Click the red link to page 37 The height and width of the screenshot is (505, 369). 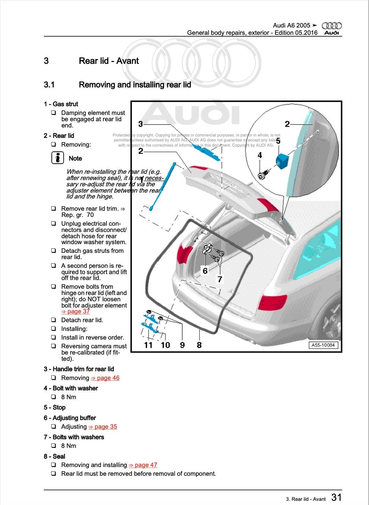point(76,312)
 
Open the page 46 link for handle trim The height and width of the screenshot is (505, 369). point(105,378)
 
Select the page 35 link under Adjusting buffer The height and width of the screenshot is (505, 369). point(103,427)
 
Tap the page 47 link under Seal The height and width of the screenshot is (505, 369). point(143,465)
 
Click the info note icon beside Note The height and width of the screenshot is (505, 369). point(57,158)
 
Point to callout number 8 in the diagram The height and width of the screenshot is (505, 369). point(199,345)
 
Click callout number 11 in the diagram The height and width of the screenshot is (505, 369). point(148,345)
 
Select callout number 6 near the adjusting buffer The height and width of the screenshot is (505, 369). point(205,271)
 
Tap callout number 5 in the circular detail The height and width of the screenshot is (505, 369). point(278,141)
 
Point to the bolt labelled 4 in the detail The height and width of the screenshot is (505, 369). point(262,174)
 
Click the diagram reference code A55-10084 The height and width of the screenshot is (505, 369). point(323,345)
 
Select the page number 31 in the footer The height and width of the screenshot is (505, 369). point(336,497)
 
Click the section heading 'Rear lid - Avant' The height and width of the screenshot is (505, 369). point(109,61)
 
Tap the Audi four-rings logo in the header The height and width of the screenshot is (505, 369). point(332,26)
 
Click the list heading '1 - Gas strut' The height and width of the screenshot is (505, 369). point(61,104)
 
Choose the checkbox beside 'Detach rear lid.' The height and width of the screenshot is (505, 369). point(54,320)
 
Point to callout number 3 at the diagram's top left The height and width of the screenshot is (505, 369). point(140,124)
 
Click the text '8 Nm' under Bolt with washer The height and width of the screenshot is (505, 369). point(69,397)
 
